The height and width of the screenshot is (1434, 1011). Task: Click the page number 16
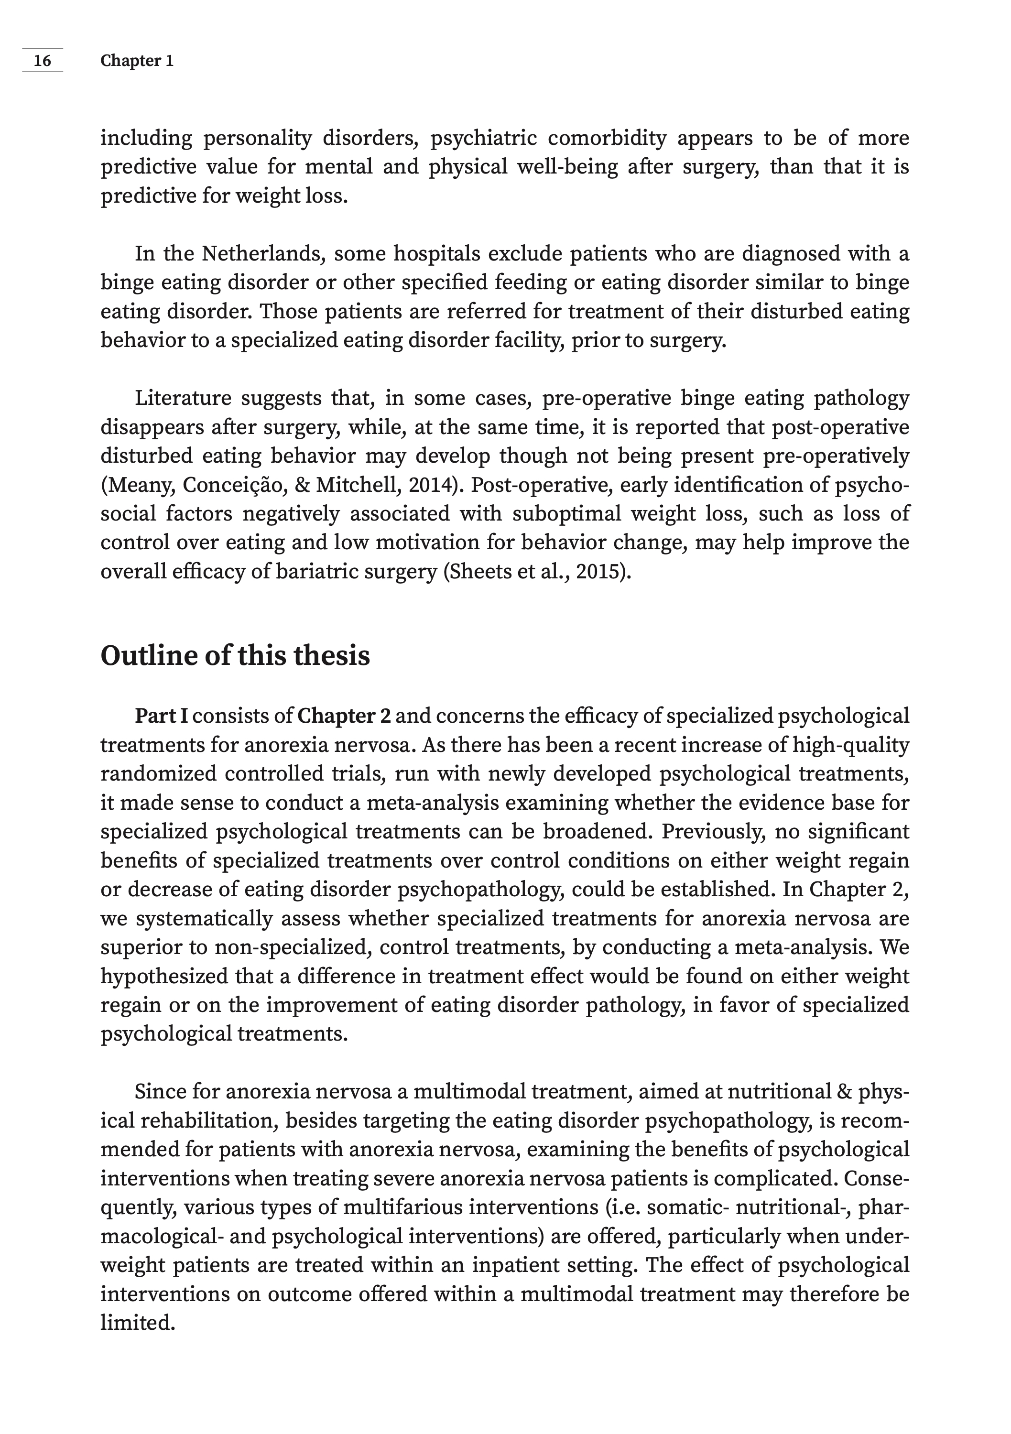pyautogui.click(x=42, y=61)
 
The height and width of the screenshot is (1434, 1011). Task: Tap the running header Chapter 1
pyautogui.click(x=137, y=61)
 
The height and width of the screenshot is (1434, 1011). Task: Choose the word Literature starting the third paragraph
pyautogui.click(x=183, y=398)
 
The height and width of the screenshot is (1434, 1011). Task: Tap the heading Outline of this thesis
pyautogui.click(x=235, y=656)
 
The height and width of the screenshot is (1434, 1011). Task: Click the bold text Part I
pyautogui.click(x=161, y=716)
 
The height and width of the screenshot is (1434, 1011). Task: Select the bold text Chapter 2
pyautogui.click(x=344, y=716)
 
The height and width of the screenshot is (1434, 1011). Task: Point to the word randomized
pyautogui.click(x=159, y=773)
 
